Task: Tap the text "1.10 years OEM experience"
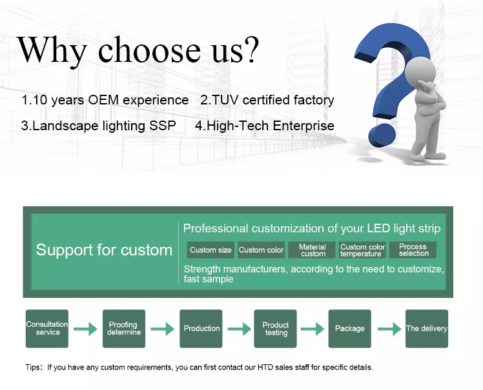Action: [105, 100]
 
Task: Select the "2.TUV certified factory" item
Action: [267, 100]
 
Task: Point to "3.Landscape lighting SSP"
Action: [98, 126]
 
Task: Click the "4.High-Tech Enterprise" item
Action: [265, 126]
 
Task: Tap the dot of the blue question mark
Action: [382, 135]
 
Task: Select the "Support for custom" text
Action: [104, 250]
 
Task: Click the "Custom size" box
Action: [211, 250]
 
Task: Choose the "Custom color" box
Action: [261, 250]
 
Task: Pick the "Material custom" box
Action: [313, 250]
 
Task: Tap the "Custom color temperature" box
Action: [362, 250]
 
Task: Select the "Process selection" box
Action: [413, 250]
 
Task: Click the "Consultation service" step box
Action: [47, 329]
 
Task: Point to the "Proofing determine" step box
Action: [123, 329]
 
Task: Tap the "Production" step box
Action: [201, 329]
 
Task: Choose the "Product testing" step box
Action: [276, 329]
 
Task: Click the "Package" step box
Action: [350, 329]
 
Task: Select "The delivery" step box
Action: [426, 329]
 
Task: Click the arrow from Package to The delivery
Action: [389, 329]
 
